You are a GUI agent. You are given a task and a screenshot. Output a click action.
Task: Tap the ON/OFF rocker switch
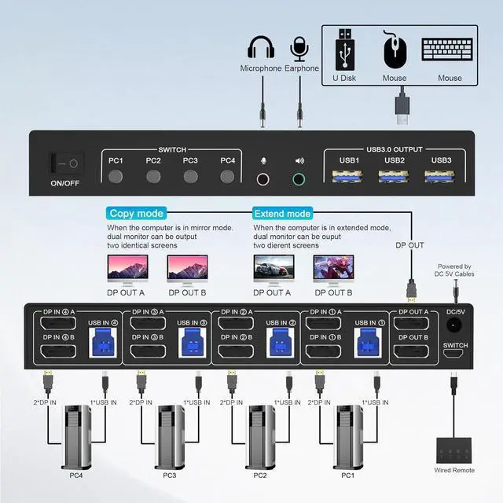coord(65,164)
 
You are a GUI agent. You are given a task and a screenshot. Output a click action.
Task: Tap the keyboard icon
coord(450,49)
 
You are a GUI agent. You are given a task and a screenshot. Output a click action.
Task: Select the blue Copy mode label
coord(137,214)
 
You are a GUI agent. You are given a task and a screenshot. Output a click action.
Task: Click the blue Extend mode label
coord(282,214)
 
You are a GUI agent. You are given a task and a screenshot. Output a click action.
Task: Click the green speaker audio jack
coord(299,178)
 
